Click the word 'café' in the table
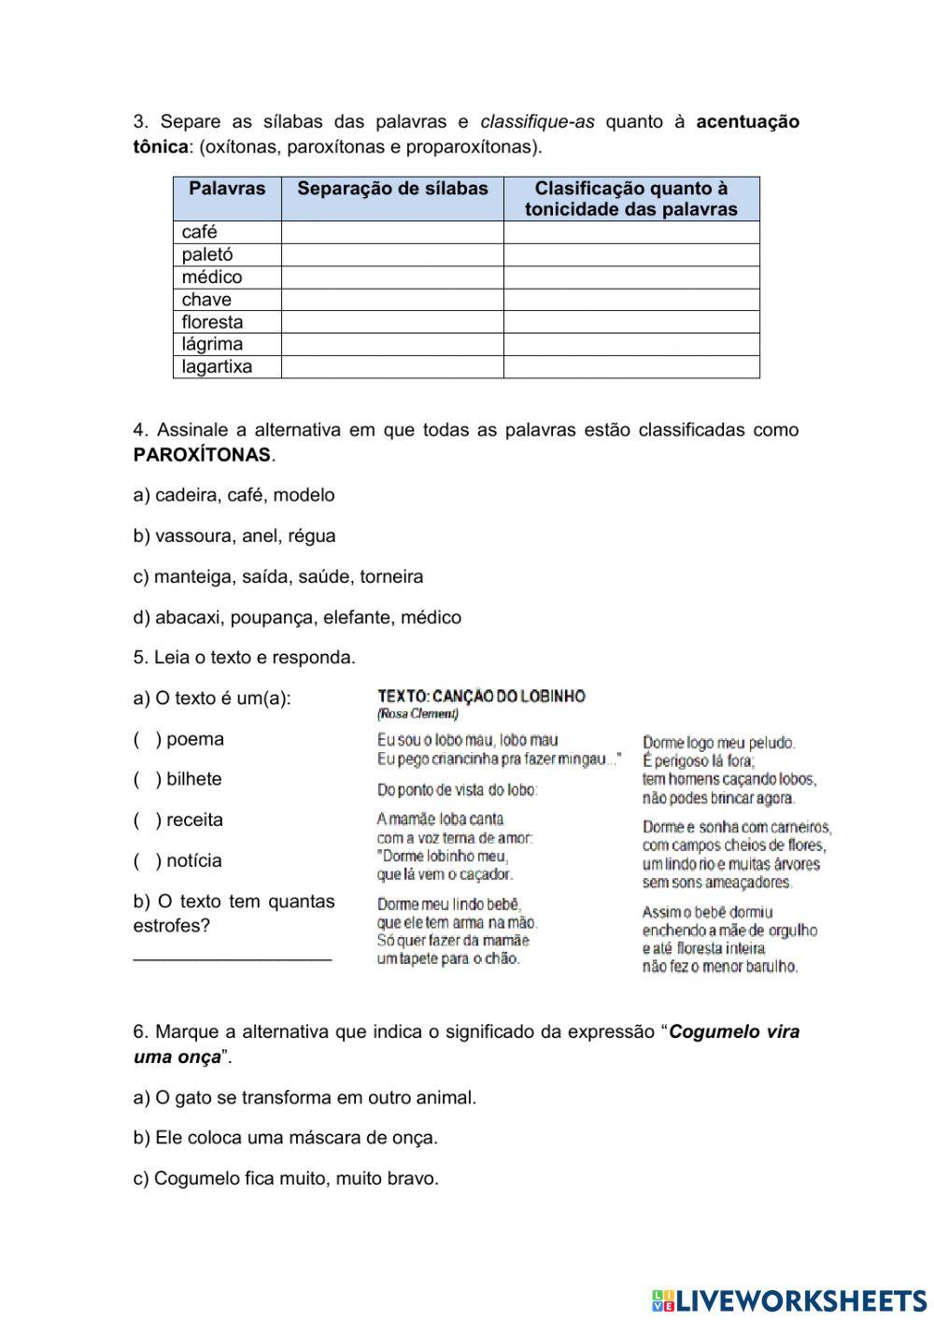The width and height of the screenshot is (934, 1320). click(x=199, y=233)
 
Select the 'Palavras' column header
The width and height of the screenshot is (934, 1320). click(x=227, y=189)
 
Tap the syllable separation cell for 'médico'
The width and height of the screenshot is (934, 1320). click(x=392, y=277)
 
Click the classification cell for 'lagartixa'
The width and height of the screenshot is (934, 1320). click(x=631, y=367)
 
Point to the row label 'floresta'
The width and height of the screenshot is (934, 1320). click(x=212, y=322)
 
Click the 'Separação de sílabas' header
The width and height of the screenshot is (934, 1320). click(x=392, y=189)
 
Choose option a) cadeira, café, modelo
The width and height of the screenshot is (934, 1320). click(x=233, y=495)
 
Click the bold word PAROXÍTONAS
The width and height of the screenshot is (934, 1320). click(x=202, y=456)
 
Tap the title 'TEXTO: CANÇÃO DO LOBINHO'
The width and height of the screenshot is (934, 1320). click(x=481, y=697)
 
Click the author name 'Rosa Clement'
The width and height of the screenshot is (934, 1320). click(x=417, y=715)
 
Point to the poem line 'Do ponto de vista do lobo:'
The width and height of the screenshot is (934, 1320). click(x=457, y=790)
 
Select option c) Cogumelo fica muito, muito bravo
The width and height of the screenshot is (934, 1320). click(x=286, y=1179)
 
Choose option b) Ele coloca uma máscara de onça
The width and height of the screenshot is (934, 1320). click(x=286, y=1138)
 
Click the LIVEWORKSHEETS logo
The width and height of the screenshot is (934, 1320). click(x=789, y=1300)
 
